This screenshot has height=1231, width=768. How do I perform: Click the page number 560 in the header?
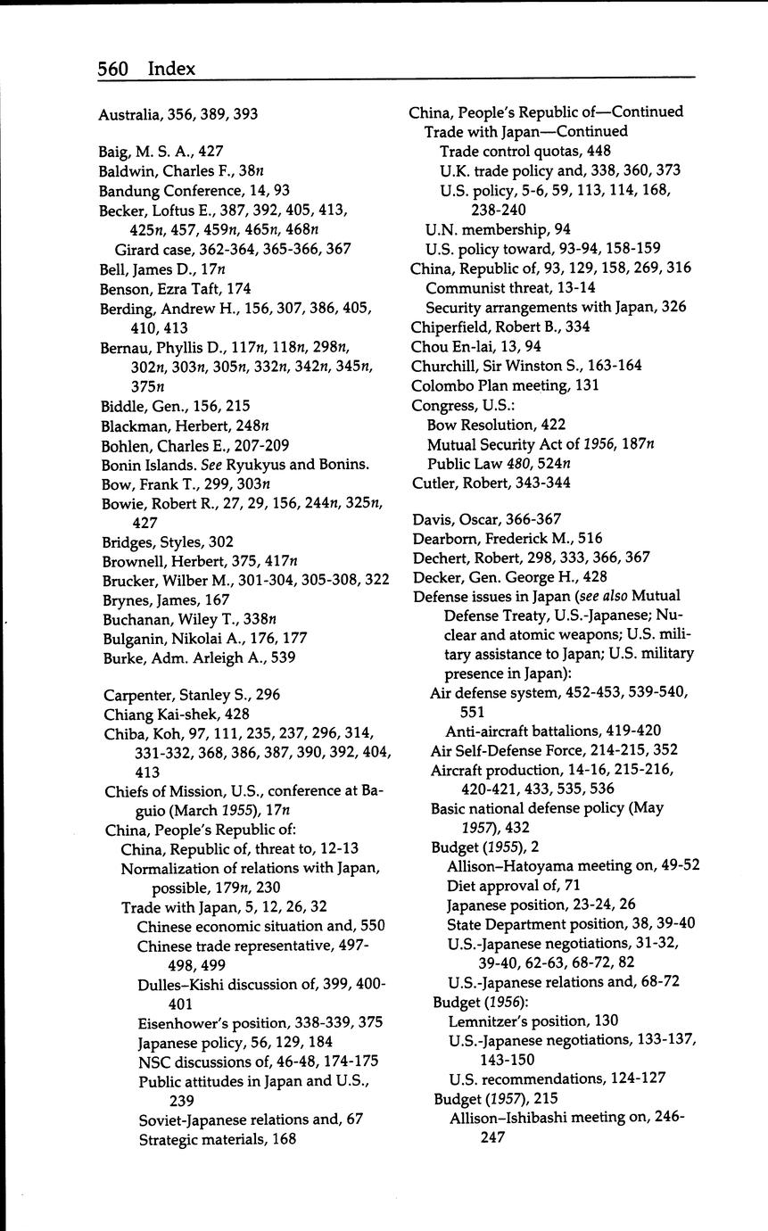click(x=113, y=69)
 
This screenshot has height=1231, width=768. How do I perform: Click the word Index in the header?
click(x=171, y=69)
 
